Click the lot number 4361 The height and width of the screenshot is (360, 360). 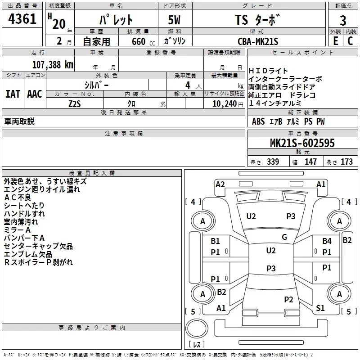22,18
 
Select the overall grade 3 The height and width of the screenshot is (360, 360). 343,20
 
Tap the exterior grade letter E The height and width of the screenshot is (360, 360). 335,41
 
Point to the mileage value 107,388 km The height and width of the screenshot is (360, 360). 53,64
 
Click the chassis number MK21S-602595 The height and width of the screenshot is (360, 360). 302,143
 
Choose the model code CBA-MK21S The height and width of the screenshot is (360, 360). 258,41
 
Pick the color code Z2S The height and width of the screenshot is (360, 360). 75,104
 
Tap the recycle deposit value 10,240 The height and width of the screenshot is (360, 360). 224,103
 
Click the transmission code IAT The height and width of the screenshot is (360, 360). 13,94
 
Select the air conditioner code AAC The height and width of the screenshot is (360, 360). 35,94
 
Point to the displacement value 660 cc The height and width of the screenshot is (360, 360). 143,41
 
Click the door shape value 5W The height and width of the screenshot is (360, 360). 174,20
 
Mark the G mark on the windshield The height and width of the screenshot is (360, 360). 284,237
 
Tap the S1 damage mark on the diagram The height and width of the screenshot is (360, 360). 320,308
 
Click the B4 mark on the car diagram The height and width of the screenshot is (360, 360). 327,241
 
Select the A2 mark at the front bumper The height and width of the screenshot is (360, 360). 220,184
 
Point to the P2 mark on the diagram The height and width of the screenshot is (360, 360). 288,299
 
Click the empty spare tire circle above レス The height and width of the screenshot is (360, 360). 197,328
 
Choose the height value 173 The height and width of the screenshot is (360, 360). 346,162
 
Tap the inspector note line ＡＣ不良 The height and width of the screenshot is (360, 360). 18,197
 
